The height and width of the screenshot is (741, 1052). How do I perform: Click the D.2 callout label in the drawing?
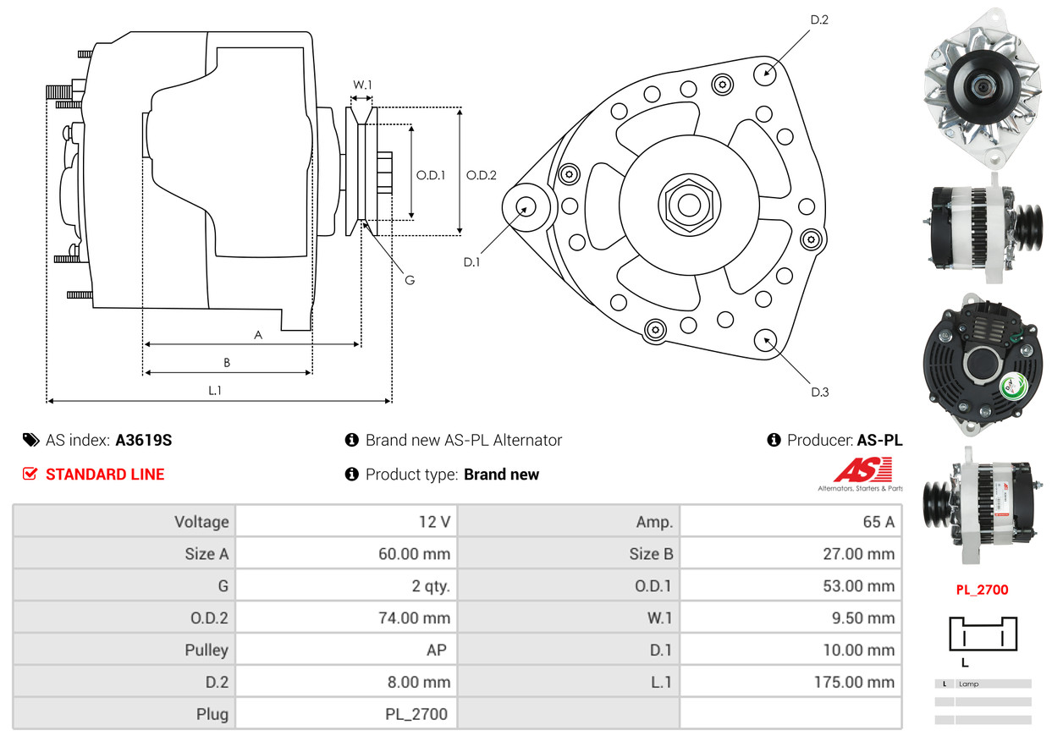point(818,19)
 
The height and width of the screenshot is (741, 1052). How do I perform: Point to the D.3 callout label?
point(819,392)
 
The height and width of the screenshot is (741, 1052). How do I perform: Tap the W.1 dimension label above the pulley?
point(362,85)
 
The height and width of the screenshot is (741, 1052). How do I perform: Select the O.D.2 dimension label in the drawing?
point(481,175)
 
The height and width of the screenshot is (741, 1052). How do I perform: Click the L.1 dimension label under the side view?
point(215,390)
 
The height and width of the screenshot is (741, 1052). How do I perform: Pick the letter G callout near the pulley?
point(409,280)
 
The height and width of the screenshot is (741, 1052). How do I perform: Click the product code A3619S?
point(144,440)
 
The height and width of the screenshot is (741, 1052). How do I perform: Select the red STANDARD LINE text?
point(105,475)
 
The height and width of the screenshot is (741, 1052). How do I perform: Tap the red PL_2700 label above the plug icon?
point(982,590)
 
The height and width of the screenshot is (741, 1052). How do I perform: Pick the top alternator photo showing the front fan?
point(982,88)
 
